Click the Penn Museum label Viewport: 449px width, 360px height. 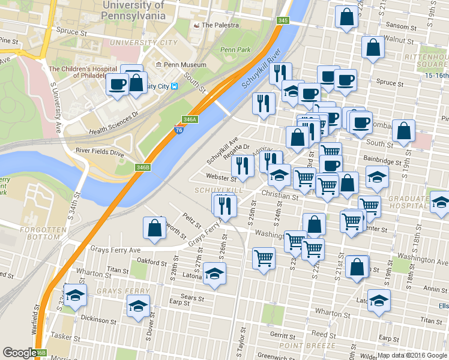(x=184, y=65)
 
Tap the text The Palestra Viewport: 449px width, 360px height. (x=220, y=25)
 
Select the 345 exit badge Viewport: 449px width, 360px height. (x=283, y=21)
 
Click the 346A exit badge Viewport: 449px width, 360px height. (x=190, y=120)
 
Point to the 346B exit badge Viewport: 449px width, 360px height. (x=143, y=167)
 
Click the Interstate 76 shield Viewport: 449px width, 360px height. (x=178, y=129)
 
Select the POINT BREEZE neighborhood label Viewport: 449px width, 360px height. (x=298, y=345)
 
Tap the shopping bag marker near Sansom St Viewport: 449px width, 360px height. (x=346, y=17)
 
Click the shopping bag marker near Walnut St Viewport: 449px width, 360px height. (x=373, y=48)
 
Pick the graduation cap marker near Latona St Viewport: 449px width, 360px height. (x=214, y=274)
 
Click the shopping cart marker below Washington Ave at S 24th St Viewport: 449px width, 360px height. (x=264, y=258)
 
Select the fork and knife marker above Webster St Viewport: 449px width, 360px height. (x=243, y=165)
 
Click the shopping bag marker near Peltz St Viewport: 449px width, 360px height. (x=154, y=227)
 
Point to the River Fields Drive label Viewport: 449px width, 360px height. (x=100, y=153)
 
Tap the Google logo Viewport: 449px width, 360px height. (x=19, y=353)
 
